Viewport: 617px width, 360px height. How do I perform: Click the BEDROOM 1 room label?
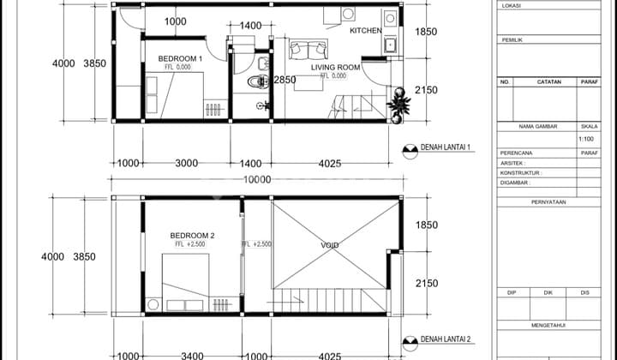(180, 59)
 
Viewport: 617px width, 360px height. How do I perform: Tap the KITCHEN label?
(366, 31)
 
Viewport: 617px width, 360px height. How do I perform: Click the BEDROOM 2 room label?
(192, 235)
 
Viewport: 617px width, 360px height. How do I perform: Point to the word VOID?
(330, 245)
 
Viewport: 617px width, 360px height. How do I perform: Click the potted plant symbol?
(398, 105)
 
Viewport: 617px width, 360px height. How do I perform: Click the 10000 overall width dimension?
(256, 180)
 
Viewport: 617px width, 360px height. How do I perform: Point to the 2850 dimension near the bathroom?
(285, 80)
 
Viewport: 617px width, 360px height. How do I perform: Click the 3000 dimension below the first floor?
(187, 163)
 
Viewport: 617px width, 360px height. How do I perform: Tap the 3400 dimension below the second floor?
(193, 355)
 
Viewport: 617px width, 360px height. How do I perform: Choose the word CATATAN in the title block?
(548, 82)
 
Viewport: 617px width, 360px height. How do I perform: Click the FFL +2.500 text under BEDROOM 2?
(189, 245)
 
